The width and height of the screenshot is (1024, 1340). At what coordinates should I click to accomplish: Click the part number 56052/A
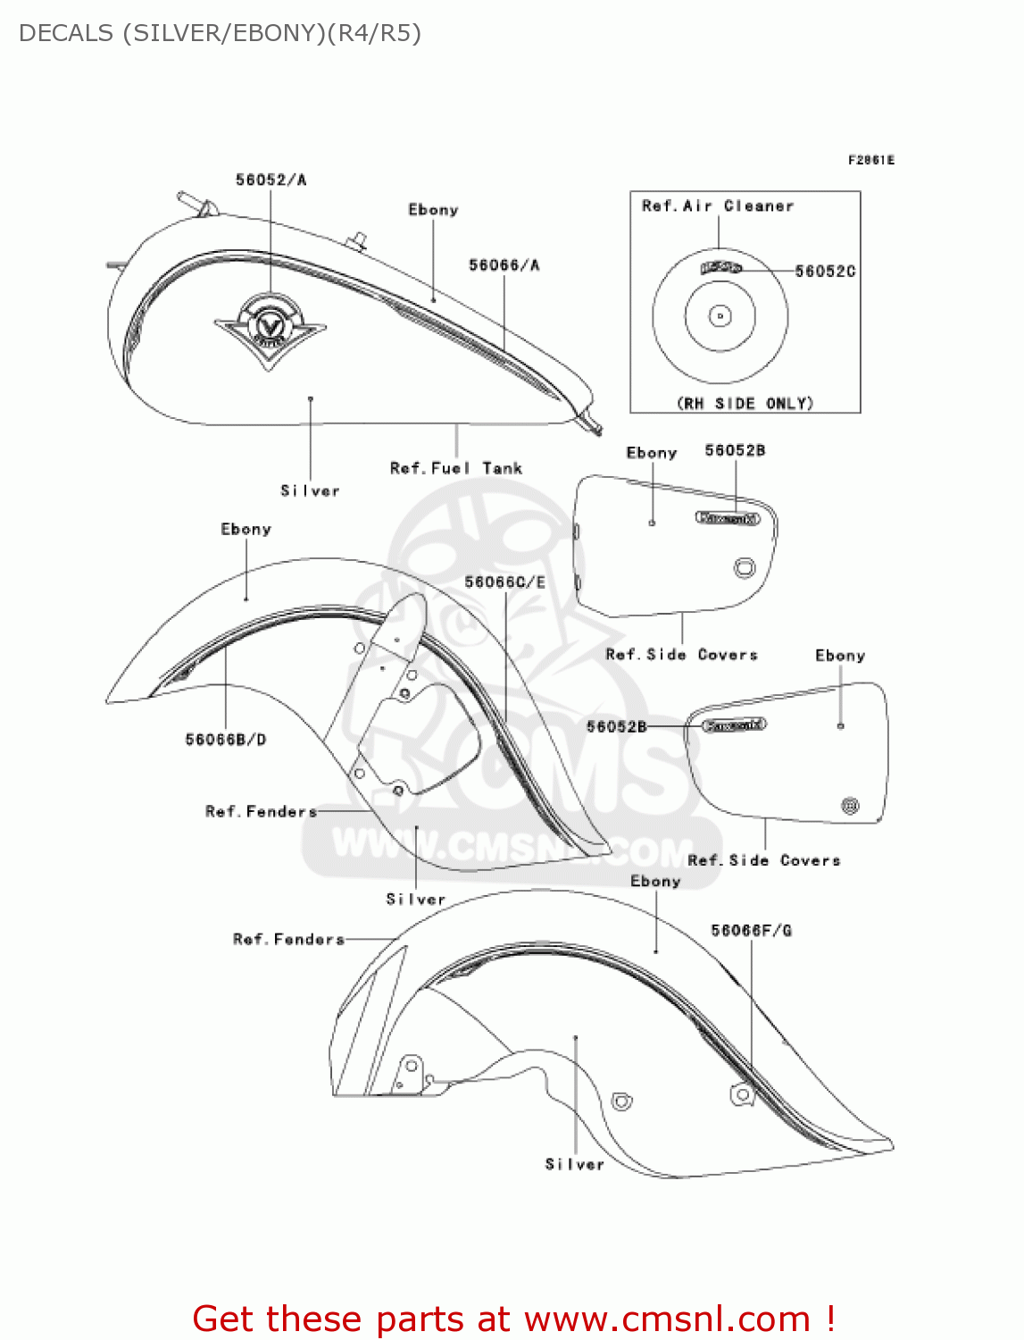pos(271,180)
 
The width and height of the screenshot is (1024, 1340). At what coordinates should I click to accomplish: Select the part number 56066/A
pos(504,265)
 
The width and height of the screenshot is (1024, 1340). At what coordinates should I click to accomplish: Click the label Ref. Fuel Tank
pos(455,468)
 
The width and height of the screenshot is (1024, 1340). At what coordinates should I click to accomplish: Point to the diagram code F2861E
pos(870,161)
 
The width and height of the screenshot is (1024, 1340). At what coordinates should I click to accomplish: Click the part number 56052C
pos(825,271)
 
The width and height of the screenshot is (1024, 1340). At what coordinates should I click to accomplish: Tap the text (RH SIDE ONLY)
pos(745,404)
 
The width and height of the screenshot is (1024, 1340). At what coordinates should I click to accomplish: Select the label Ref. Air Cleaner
pos(717,206)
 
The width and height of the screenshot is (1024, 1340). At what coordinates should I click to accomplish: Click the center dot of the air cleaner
pos(720,316)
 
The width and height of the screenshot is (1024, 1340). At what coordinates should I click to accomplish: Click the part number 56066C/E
pos(504,582)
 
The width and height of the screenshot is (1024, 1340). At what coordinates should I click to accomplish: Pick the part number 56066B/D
pos(225,740)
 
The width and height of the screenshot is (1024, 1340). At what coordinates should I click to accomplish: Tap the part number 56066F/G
pos(751,931)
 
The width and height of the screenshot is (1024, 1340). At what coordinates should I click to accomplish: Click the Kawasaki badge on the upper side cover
pos(728,518)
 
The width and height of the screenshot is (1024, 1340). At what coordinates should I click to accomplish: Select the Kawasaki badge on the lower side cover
pos(734,725)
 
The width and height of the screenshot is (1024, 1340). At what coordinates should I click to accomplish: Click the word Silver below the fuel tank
pos(310,491)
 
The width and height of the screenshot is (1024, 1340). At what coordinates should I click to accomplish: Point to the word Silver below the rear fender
pos(575,1165)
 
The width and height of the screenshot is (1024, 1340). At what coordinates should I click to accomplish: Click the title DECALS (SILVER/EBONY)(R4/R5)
pos(220,33)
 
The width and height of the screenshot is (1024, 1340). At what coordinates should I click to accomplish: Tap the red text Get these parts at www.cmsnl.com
pos(513,1319)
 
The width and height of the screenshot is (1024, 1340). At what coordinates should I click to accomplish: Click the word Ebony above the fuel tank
pos(433,211)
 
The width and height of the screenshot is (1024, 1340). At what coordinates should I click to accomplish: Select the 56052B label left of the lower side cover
pos(616,727)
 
